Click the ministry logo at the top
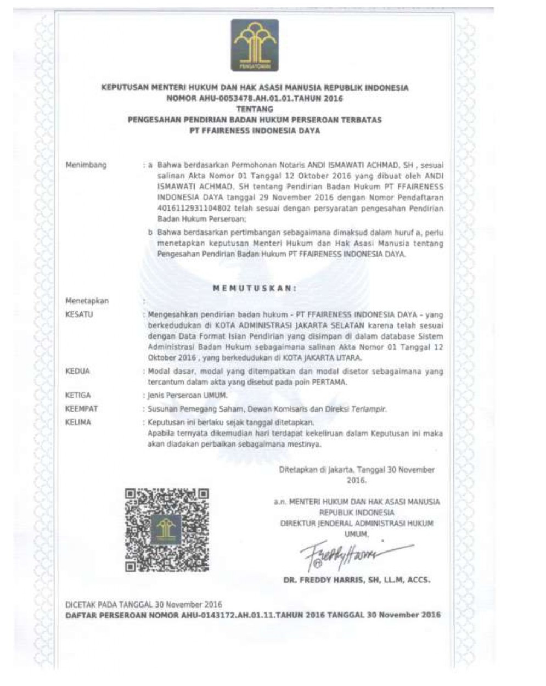[254, 45]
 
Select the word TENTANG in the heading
[254, 109]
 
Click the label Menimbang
[86, 165]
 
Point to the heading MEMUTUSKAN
[255, 288]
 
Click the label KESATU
[80, 314]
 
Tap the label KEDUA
[77, 372]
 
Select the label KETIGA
[78, 395]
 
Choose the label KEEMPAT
[81, 409]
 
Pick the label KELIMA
[78, 423]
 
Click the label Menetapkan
[87, 301]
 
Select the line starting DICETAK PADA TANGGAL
[144, 604]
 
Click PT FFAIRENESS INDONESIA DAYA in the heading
[254, 131]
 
